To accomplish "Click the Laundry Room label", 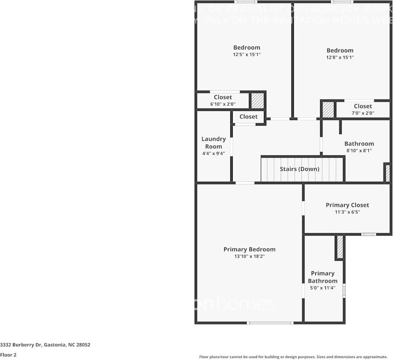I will [214, 143].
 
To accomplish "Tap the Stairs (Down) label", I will [300, 169].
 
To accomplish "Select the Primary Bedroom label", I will [249, 249].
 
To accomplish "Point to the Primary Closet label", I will [347, 205].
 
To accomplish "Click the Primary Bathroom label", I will [323, 277].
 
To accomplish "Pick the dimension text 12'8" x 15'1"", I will [340, 58].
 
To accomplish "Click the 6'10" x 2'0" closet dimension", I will [223, 104].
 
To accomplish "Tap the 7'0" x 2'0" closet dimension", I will [363, 113].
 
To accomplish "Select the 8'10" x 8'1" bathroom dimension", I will [359, 150].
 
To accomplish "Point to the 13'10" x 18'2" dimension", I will [249, 256].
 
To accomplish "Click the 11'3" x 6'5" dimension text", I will [347, 212].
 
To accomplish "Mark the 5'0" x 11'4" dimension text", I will [323, 288].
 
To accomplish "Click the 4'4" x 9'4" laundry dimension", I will [213, 153].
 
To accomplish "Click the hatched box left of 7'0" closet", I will [328, 110].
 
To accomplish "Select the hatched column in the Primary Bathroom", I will [340, 247].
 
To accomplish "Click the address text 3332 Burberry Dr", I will [45, 345].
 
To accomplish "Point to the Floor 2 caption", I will [8, 355].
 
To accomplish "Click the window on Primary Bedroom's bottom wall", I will [270, 323].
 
